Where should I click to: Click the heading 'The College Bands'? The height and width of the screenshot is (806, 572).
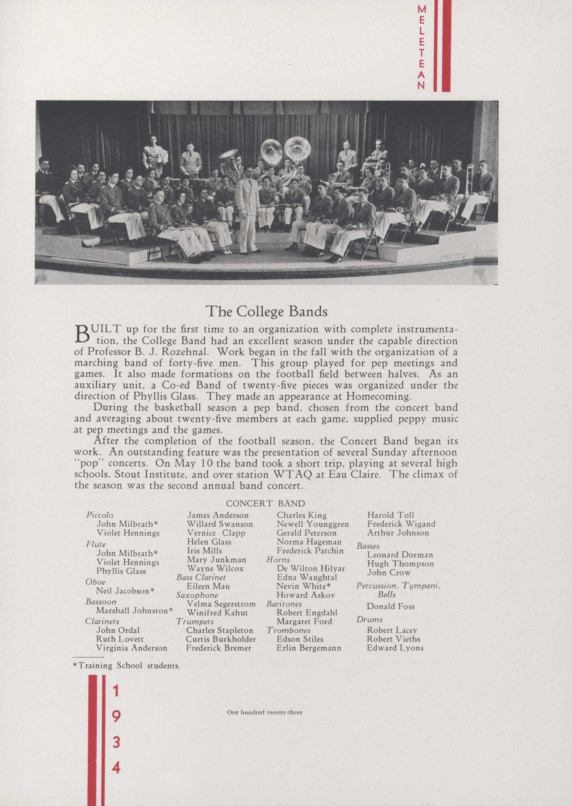(x=266, y=311)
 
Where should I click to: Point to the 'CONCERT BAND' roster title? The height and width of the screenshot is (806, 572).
(x=265, y=504)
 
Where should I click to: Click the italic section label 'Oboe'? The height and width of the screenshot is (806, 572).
(x=96, y=582)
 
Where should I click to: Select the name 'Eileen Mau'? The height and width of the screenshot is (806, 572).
(x=208, y=586)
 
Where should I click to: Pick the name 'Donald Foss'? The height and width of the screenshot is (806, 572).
(x=391, y=606)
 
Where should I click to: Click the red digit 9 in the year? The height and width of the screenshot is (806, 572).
(x=117, y=713)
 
